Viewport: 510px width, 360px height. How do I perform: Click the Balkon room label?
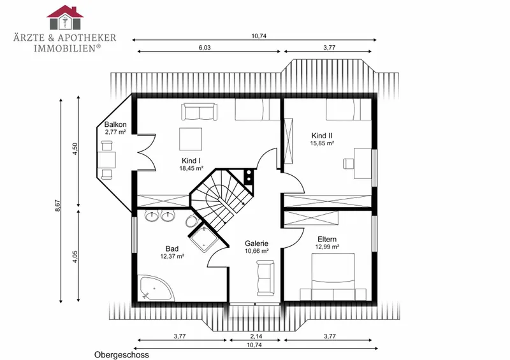tap(115, 124)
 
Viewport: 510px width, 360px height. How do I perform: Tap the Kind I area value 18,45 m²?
tap(191, 168)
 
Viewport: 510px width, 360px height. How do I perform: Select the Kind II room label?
tap(322, 136)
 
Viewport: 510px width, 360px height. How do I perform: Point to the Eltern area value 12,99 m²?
tap(327, 247)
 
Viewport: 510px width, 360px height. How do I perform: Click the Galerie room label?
tap(257, 243)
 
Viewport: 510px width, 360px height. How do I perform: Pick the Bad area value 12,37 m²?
tap(172, 256)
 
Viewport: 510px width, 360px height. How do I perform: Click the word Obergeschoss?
tap(122, 355)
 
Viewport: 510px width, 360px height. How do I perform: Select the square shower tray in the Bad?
tap(204, 239)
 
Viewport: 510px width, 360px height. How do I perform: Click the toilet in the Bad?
tap(192, 221)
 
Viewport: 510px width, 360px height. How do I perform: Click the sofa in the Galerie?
tap(265, 278)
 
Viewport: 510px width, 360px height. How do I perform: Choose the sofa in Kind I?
tap(199, 112)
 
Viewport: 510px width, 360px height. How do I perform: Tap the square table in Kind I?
tap(191, 139)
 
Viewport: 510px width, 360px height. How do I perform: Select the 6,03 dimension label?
tap(205, 48)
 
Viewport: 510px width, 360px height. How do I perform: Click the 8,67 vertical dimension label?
tap(58, 206)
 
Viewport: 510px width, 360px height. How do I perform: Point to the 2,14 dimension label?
tap(256, 336)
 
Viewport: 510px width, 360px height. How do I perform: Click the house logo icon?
tap(65, 17)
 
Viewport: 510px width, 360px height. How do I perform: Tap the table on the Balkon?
tap(107, 160)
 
